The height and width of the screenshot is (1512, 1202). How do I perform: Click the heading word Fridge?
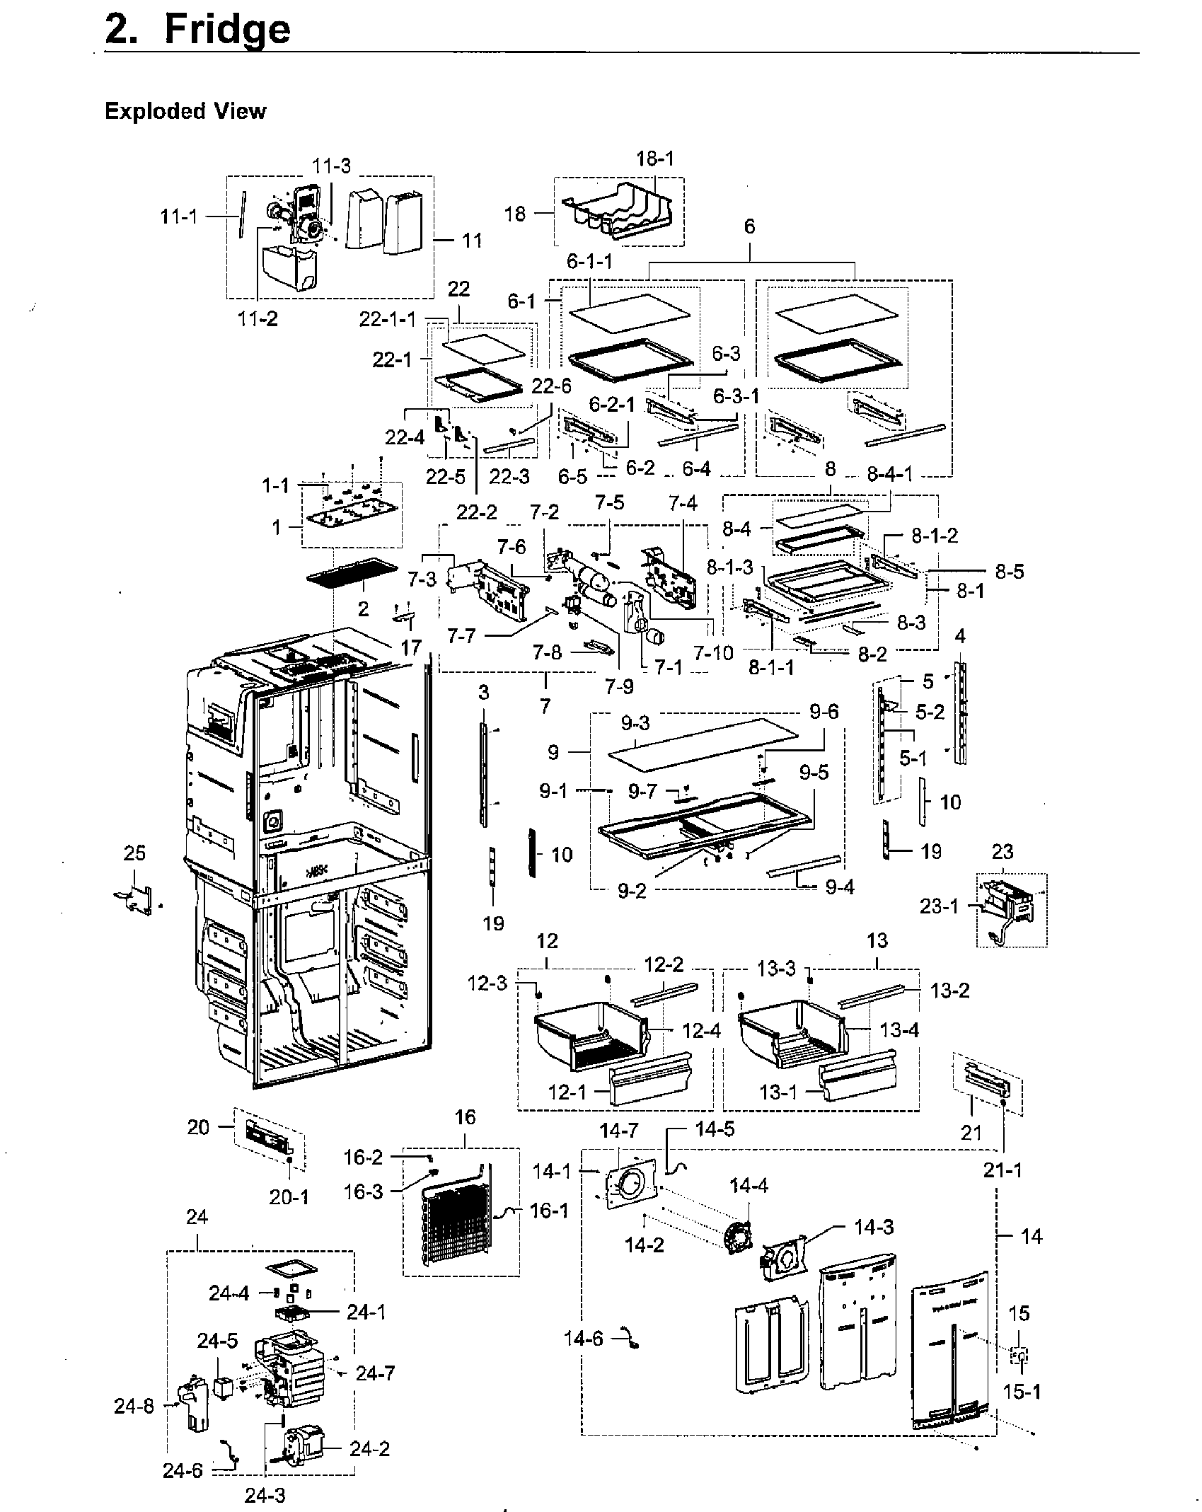click(226, 30)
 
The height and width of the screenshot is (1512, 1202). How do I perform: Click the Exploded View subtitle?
click(185, 111)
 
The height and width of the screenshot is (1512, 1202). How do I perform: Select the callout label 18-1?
click(655, 158)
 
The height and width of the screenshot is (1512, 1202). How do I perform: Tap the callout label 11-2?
click(258, 319)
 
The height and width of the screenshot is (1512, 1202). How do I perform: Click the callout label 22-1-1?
click(388, 320)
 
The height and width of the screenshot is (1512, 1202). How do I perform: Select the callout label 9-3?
click(635, 723)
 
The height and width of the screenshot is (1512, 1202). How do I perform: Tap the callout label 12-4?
click(701, 1031)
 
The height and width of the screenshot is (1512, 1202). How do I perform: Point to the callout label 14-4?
click(749, 1184)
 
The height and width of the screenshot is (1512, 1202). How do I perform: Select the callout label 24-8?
click(134, 1407)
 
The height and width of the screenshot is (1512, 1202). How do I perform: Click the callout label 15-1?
click(1022, 1391)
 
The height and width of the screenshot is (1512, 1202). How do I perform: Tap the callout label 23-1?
click(939, 906)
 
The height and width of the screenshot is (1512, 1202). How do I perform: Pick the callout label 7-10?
click(714, 652)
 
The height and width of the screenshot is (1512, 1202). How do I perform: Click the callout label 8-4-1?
click(890, 474)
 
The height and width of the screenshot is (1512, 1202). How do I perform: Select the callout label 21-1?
click(1002, 1171)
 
